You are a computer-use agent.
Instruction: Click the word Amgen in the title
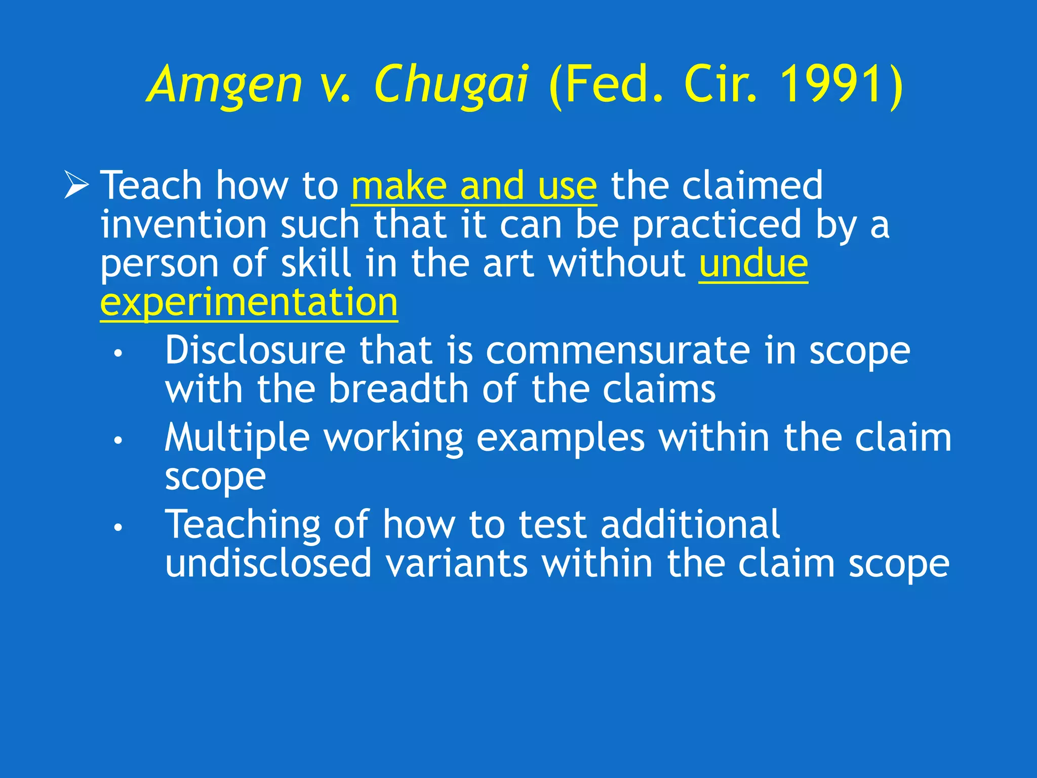226,85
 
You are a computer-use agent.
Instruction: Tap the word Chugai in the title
452,85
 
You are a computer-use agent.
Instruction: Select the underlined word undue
753,263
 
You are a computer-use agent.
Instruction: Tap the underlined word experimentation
249,302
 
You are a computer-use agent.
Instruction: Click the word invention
183,224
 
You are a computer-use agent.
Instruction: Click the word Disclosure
255,350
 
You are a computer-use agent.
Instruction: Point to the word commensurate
618,351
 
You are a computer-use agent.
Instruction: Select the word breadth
398,389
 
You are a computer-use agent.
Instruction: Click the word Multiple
237,438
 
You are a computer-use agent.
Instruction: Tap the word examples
561,438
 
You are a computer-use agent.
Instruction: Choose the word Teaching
243,525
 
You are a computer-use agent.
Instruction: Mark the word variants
456,563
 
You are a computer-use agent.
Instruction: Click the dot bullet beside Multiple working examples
118,440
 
